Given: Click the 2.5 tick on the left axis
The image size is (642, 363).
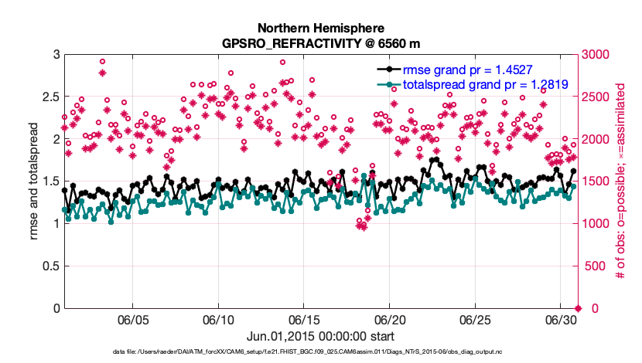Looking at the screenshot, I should pyautogui.click(x=48, y=97).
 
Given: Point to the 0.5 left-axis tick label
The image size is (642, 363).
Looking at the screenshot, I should pyautogui.click(x=48, y=266).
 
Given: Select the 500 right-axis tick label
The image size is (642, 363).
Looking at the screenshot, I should pyautogui.click(x=594, y=266).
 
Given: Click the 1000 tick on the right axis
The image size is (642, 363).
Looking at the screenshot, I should pyautogui.click(x=596, y=224).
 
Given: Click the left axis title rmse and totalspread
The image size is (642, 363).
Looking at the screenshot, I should pyautogui.click(x=31, y=181).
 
